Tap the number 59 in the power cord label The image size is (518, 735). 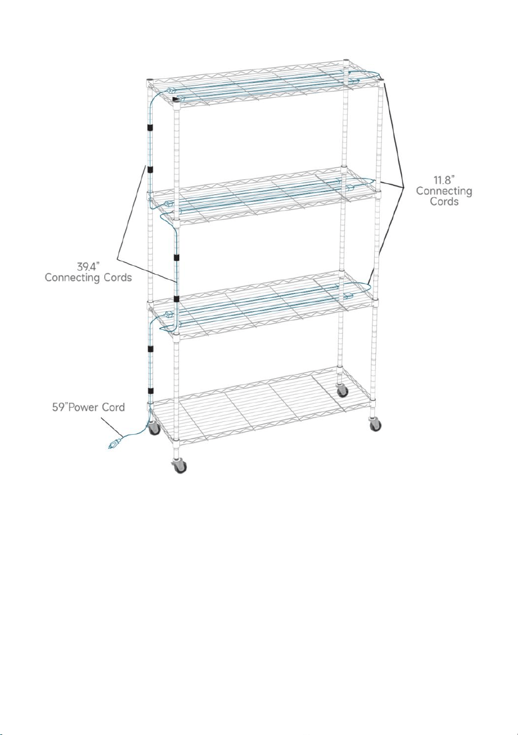coord(58,407)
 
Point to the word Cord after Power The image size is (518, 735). coord(113,407)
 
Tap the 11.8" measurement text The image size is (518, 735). coord(444,180)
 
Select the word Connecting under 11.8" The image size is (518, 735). coord(444,191)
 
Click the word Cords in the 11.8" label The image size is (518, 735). coord(444,201)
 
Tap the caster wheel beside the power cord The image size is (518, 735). coord(153,428)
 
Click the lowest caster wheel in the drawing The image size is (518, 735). coord(179,465)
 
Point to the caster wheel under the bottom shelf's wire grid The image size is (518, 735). coord(343,390)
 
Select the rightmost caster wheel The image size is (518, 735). coord(375,425)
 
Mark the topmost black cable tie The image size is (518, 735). coord(150,127)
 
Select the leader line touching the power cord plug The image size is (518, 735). coord(111,426)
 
